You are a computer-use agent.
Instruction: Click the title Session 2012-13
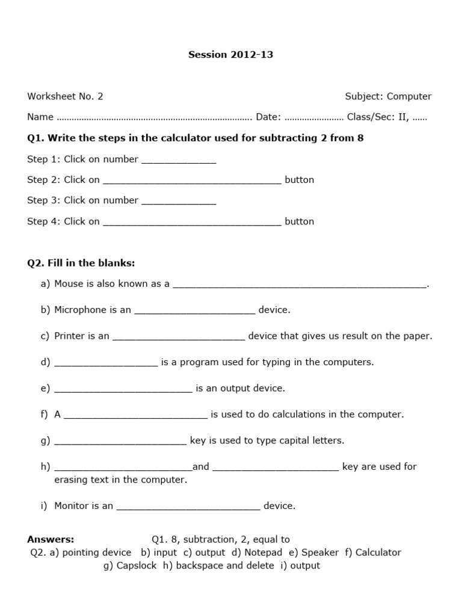pos(231,55)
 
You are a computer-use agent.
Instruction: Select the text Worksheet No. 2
pos(65,96)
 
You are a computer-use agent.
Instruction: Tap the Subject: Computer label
pos(388,96)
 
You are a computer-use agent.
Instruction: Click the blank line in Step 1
pos(178,161)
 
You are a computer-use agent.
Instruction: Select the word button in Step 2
pos(299,180)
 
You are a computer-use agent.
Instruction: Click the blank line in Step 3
pos(178,202)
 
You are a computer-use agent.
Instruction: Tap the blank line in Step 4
pos(192,223)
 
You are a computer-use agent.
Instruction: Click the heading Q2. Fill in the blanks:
pos(81,263)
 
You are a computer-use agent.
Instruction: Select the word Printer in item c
pos(69,336)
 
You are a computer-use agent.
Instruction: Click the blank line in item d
pos(106,363)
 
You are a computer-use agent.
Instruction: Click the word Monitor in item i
pos(71,506)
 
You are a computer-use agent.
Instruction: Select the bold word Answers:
pos(51,540)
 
